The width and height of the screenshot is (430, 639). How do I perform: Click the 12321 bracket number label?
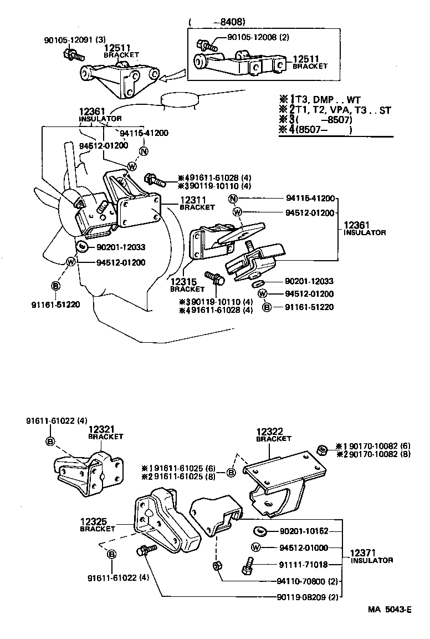pos(101,429)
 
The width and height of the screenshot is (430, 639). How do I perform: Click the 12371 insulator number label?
pos(363,553)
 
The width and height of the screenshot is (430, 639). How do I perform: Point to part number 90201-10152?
pos(304,531)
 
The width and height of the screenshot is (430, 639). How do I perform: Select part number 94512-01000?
pos(304,548)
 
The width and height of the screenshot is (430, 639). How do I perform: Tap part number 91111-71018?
pos(304,565)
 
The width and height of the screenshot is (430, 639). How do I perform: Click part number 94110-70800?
pos(300,581)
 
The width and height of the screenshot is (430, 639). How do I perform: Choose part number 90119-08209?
pos(300,597)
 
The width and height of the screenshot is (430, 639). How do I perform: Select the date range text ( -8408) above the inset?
pos(217,22)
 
